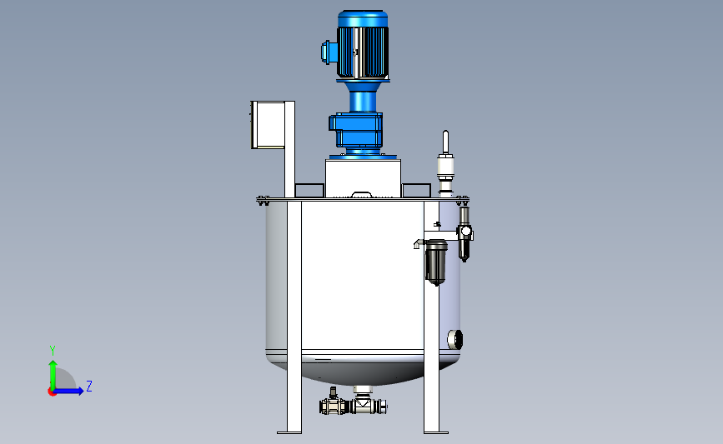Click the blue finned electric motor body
[363, 45]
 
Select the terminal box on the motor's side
[325, 52]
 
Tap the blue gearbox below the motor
[356, 130]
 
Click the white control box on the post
[268, 125]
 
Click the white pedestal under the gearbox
[363, 178]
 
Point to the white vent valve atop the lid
[445, 163]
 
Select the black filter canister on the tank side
[436, 262]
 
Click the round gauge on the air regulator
[465, 231]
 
